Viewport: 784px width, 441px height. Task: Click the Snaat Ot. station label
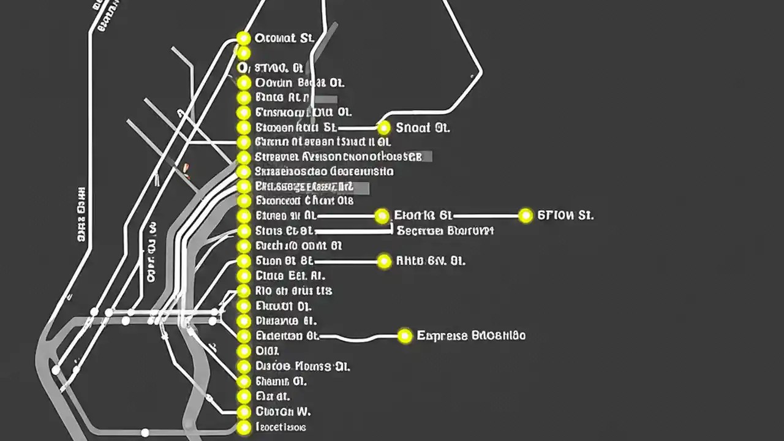[x=423, y=128]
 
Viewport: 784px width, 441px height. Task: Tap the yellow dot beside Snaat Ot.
[x=384, y=127]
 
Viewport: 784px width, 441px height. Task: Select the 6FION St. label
[x=565, y=216]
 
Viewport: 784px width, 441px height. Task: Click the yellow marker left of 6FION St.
[x=526, y=216]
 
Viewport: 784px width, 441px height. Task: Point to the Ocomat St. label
[x=284, y=38]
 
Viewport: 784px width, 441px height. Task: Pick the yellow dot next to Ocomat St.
[x=244, y=38]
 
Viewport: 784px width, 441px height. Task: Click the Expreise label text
[x=471, y=336]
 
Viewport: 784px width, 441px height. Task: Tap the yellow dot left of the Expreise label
[x=405, y=336]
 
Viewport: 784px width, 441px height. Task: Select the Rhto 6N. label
[x=431, y=261]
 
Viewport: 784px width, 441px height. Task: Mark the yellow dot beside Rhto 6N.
[x=384, y=261]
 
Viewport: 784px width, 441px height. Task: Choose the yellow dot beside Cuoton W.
[x=244, y=411]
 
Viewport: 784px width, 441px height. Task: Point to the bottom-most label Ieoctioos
[x=281, y=427]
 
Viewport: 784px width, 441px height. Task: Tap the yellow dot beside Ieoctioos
[x=244, y=428]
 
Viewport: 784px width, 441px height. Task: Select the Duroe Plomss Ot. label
[x=302, y=366]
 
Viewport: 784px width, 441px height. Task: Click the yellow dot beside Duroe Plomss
[x=244, y=366]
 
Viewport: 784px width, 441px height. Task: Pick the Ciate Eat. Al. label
[x=290, y=276]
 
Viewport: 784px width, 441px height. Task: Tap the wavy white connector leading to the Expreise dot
[x=361, y=337]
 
